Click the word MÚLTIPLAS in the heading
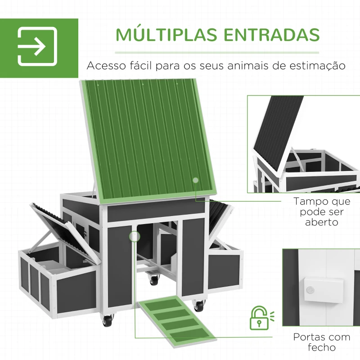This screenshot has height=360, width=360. click(158, 35)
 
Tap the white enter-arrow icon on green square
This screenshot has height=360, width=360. click(37, 46)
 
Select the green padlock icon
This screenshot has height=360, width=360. click(258, 318)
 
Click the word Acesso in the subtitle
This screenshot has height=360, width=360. click(107, 66)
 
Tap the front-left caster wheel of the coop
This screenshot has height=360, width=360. click(108, 321)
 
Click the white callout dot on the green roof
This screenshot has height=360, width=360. click(195, 180)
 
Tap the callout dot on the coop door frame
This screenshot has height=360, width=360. click(134, 235)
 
